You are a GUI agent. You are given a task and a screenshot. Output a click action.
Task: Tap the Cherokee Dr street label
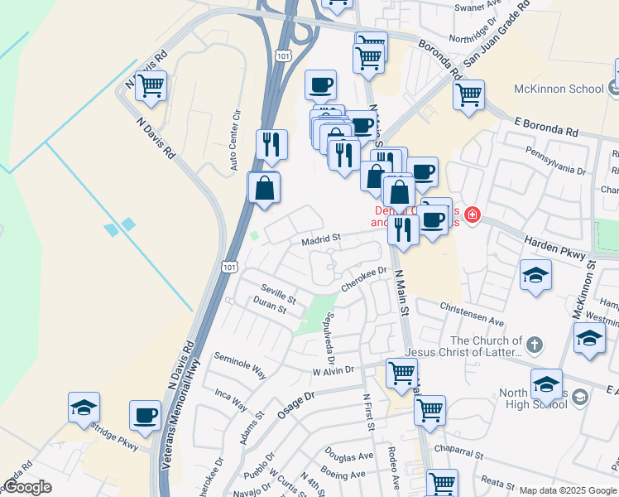pyautogui.click(x=364, y=276)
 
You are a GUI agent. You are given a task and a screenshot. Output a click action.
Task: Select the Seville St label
pyautogui.click(x=277, y=294)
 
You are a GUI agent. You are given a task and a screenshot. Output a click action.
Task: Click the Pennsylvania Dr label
pyautogui.click(x=557, y=162)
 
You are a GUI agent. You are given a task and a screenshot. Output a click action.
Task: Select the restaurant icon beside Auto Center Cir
pyautogui.click(x=271, y=144)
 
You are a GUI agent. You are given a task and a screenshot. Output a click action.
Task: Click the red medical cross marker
pyautogui.click(x=473, y=215)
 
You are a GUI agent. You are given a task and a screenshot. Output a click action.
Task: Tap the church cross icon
pyautogui.click(x=535, y=341)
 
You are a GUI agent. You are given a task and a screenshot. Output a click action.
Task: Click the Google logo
pyautogui.click(x=28, y=487)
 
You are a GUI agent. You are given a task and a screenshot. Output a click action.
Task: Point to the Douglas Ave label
pyautogui.click(x=349, y=456)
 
